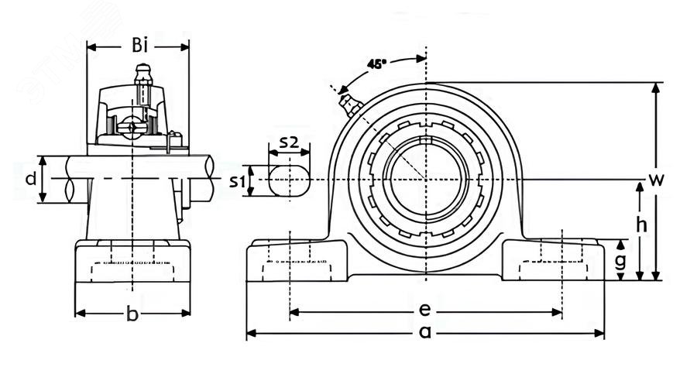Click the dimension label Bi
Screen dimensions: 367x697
(139, 46)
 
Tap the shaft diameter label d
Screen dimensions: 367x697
(29, 180)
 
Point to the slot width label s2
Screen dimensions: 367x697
(288, 142)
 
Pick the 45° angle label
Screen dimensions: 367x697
(377, 64)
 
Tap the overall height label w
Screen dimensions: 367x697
(657, 181)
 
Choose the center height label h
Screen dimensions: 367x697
(639, 225)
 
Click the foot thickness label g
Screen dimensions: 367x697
(620, 260)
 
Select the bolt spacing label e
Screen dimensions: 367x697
(424, 310)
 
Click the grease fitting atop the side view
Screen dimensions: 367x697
(141, 75)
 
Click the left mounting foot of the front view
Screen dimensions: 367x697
(297, 261)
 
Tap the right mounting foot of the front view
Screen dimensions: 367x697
(553, 261)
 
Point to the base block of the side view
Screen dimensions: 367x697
(132, 263)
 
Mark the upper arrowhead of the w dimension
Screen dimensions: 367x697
(657, 87)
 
